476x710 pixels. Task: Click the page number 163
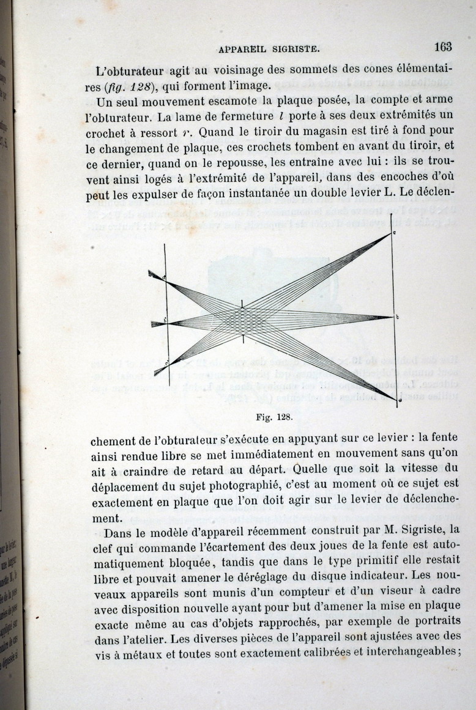pos(442,46)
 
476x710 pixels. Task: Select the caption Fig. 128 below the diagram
pos(273,418)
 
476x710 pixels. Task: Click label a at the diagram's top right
pos(395,233)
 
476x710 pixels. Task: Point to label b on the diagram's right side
pos(398,317)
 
